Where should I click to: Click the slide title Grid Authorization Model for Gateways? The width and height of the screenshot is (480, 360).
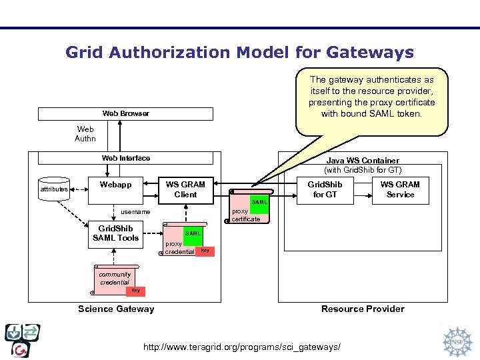pos(239,52)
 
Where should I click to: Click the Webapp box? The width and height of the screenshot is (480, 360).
pos(115,189)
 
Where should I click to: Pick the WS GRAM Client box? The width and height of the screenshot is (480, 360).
pos(185,189)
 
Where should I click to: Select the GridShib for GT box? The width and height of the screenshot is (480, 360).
pos(325,189)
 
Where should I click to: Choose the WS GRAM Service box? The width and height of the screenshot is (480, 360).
pos(400,189)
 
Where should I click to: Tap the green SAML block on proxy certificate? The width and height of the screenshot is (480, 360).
pos(259,201)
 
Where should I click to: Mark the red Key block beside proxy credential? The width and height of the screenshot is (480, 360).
pos(205,251)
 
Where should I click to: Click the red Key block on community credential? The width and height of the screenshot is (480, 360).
pos(135,290)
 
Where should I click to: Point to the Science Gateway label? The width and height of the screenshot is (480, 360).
pos(116,309)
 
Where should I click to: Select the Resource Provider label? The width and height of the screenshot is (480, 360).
pos(363,309)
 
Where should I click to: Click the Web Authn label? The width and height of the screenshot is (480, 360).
pos(85,134)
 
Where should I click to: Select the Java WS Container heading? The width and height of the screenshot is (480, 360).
pos(363,161)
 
